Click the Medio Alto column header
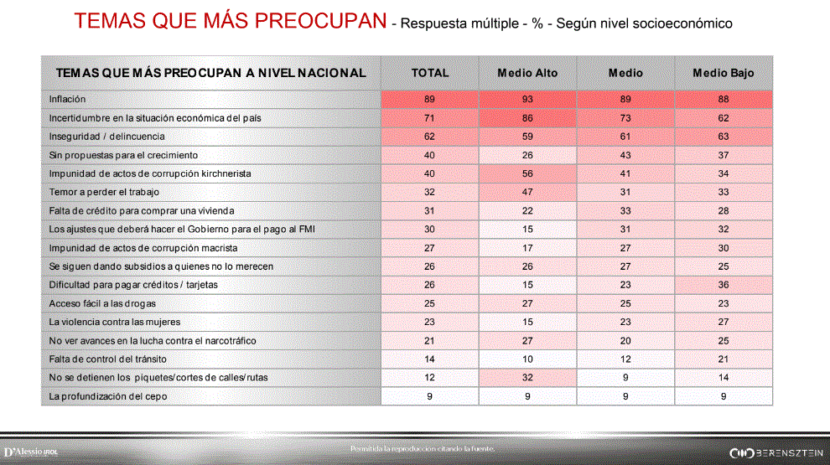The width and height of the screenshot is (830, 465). (527, 73)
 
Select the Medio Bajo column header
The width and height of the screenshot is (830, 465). (723, 73)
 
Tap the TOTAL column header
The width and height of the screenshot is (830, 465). (429, 73)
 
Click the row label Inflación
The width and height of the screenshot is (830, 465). (67, 100)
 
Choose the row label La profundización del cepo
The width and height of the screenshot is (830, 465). (108, 396)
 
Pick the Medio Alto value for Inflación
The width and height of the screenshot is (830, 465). (527, 100)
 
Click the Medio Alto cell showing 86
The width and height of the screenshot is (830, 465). (527, 118)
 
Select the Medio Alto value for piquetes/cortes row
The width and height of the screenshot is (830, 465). (527, 378)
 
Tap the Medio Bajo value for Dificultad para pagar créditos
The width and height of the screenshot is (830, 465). (723, 285)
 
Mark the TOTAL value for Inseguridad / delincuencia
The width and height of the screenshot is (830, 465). (429, 137)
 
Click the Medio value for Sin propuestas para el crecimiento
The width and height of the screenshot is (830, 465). (625, 155)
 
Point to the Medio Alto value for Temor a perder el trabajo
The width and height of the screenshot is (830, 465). (527, 192)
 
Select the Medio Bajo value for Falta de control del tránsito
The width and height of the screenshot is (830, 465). (723, 359)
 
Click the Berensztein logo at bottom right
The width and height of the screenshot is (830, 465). (776, 452)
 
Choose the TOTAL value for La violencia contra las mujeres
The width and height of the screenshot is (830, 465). (429, 322)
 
